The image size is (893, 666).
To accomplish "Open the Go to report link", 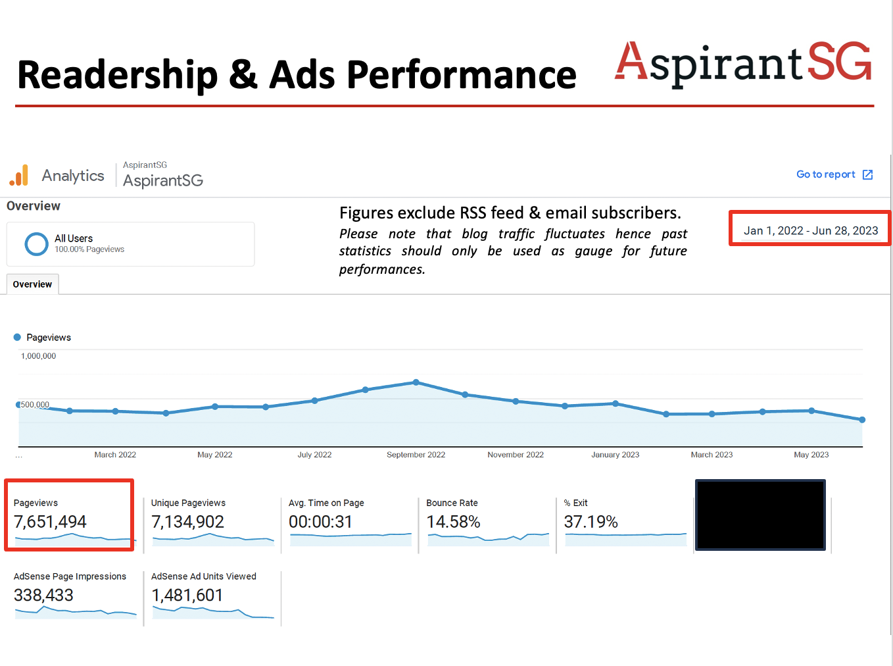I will coord(834,174).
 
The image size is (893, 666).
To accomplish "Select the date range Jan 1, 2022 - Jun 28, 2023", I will coord(810,230).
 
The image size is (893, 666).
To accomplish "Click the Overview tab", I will coord(32,284).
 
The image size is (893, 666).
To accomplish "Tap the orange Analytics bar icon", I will coord(19,175).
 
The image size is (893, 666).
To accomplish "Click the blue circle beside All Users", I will coord(36,243).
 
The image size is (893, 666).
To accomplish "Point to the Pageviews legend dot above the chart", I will coord(17,337).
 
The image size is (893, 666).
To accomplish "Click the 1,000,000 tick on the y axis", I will coord(38,356).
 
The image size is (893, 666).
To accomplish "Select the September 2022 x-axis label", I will coord(416,455).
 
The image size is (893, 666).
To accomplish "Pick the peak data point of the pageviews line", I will coord(416,382).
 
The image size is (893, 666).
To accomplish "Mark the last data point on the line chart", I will coord(862,419).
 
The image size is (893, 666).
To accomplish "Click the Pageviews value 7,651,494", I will coord(50,522).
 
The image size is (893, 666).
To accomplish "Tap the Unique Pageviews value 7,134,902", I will coord(187,522).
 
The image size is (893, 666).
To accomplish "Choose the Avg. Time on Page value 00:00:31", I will coord(320,522).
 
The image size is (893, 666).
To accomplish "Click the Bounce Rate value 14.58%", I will coord(453,522).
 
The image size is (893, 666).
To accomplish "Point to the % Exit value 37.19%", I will coord(591,522).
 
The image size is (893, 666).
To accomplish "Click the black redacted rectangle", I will coord(760,515).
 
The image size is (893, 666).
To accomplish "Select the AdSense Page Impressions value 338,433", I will coord(43,596).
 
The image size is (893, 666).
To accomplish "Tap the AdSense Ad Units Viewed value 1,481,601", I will coord(187,596).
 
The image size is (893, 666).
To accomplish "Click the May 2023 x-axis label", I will coord(811,455).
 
